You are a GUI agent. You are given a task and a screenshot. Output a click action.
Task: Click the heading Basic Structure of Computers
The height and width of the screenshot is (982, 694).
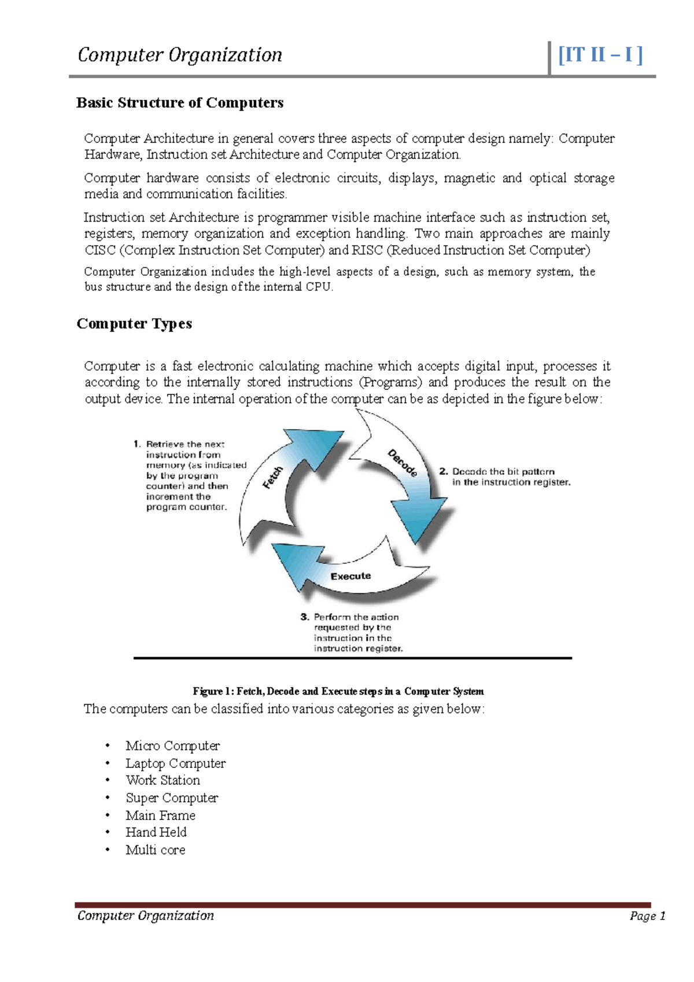180,103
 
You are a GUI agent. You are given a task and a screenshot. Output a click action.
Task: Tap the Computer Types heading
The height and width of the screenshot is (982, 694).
134,324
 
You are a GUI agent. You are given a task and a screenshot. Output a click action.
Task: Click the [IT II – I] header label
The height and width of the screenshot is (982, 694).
600,56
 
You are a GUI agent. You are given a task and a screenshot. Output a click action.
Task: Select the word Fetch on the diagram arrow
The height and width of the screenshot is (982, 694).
273,478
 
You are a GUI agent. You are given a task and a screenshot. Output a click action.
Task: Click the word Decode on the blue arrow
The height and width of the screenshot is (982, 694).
403,463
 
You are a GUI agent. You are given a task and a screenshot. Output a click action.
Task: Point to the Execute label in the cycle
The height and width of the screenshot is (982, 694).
350,577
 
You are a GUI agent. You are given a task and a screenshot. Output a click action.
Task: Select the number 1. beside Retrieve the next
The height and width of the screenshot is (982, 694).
137,444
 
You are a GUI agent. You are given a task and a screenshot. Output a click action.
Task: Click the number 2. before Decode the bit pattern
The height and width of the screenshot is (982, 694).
444,472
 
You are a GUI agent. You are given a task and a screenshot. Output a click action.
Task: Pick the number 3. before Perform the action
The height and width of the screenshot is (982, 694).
305,617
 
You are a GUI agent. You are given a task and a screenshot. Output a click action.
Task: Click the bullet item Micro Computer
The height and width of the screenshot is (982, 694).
172,746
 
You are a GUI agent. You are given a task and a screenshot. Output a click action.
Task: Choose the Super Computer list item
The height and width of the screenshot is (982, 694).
172,798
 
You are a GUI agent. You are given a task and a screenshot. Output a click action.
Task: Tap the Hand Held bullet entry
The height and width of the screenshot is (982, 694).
156,833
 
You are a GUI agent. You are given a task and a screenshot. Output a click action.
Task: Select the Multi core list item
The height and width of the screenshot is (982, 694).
156,850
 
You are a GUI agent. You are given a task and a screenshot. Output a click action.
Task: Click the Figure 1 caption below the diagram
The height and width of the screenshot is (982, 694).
338,692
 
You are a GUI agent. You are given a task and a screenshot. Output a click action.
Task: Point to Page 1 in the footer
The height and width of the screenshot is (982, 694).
648,916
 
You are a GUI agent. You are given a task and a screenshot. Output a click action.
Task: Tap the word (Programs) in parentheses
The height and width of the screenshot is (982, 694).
390,382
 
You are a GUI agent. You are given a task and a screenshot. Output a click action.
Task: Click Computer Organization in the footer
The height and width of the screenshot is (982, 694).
146,915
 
